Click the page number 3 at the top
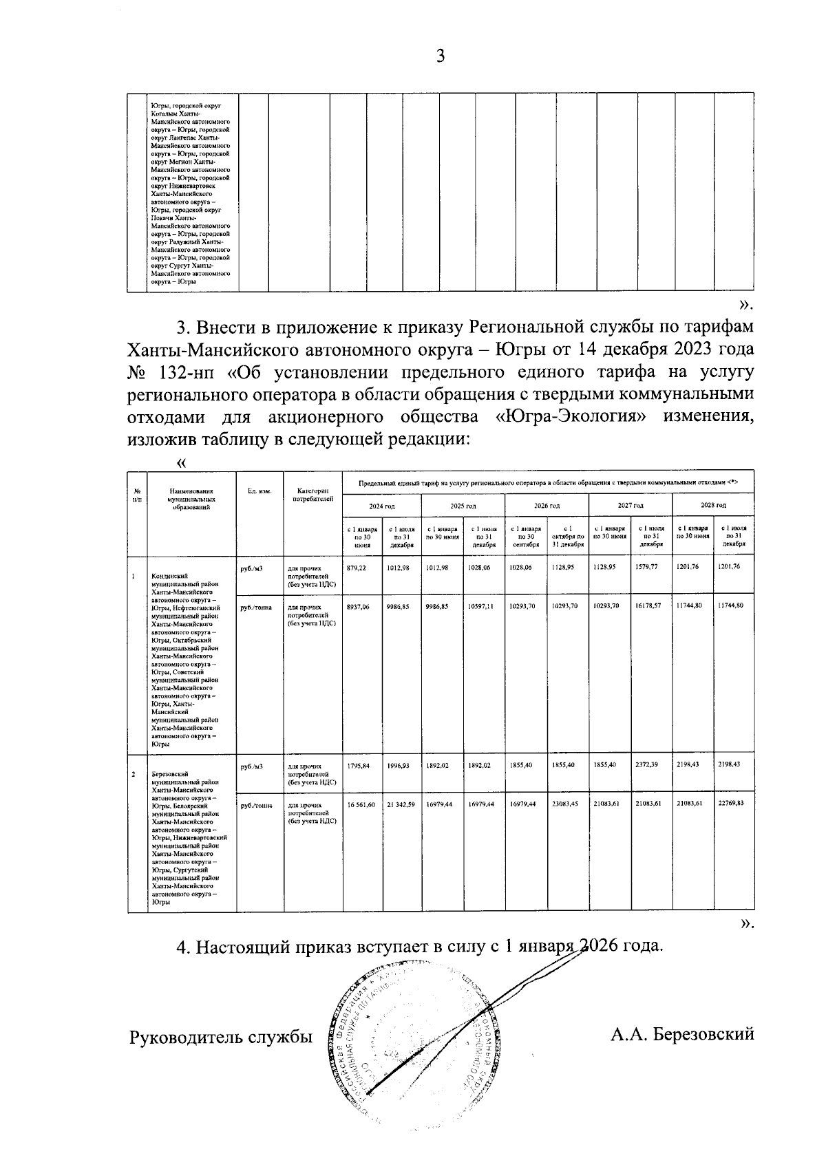click(441, 56)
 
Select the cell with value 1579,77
click(650, 568)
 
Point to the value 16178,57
click(650, 606)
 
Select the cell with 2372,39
click(650, 765)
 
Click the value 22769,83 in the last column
click(732, 804)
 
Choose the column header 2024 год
click(381, 506)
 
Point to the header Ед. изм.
click(260, 491)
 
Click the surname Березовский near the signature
click(681, 1034)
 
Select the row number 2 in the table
click(134, 775)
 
